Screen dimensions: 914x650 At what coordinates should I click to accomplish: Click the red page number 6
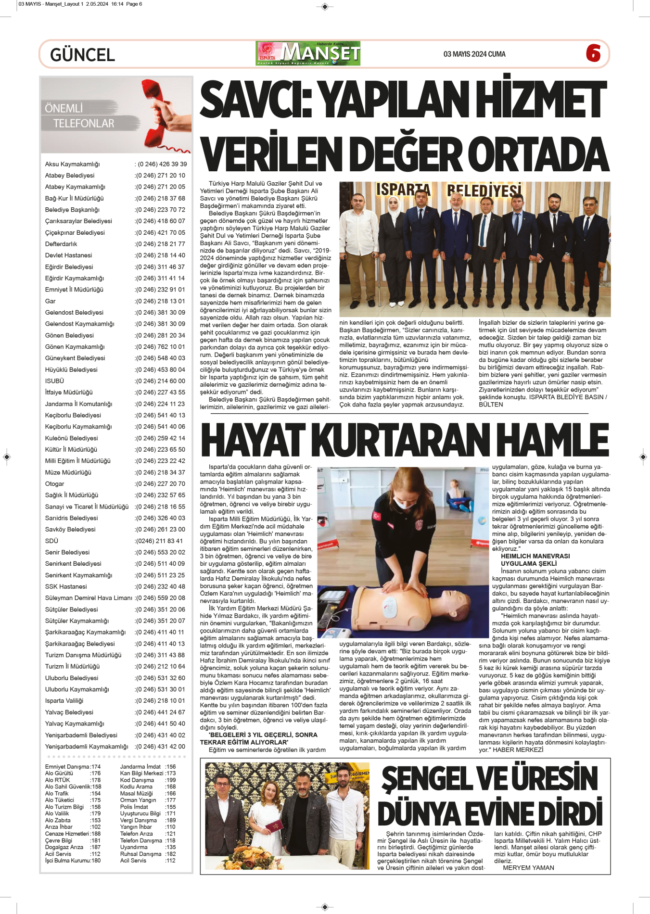click(593, 53)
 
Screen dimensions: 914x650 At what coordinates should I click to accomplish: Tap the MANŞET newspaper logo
click(308, 53)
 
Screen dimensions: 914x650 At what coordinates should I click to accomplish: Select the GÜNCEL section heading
click(82, 55)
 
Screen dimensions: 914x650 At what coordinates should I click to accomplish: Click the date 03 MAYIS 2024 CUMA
click(474, 54)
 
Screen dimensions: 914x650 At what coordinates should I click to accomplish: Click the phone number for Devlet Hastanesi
click(160, 255)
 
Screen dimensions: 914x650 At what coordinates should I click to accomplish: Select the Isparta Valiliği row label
click(64, 700)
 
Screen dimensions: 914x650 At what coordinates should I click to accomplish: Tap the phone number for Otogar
click(160, 484)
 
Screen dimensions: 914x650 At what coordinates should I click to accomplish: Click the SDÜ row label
click(51, 541)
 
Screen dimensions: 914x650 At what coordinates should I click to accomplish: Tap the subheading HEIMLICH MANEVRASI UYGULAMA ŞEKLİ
click(535, 560)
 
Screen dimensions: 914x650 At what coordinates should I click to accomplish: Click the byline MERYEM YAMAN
click(528, 868)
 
